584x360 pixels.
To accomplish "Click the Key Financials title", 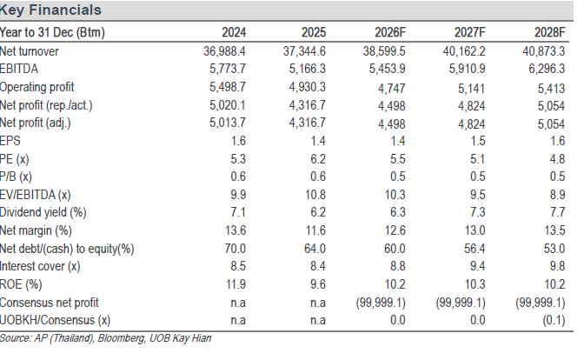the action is [x=50, y=10].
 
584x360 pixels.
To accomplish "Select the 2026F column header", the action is [x=390, y=32].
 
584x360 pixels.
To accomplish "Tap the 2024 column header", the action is [x=234, y=32].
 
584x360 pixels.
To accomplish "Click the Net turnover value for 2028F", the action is [x=544, y=51].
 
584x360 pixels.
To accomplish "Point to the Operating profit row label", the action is [x=36, y=87].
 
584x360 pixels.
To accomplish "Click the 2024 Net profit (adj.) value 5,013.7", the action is [x=227, y=123].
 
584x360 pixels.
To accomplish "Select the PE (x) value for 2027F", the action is [x=478, y=159].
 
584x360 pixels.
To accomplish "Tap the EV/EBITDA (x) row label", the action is [x=36, y=195].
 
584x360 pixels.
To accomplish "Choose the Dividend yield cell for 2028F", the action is [x=558, y=212].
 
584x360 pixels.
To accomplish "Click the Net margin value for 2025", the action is [x=315, y=230].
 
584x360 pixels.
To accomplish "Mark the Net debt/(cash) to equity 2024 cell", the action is [x=236, y=249].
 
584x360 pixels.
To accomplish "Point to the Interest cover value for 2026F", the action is [x=398, y=266].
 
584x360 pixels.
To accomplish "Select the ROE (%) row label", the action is [x=21, y=284].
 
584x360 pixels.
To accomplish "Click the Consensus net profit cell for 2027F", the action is [x=461, y=303].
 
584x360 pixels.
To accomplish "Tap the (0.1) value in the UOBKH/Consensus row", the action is [x=554, y=321].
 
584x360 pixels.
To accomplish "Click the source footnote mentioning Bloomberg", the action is [x=106, y=338].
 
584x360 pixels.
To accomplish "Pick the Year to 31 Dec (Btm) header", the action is [x=52, y=33].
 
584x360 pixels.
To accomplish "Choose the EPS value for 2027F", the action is [x=478, y=141].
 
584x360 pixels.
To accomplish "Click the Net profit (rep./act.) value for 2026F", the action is [x=391, y=106].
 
